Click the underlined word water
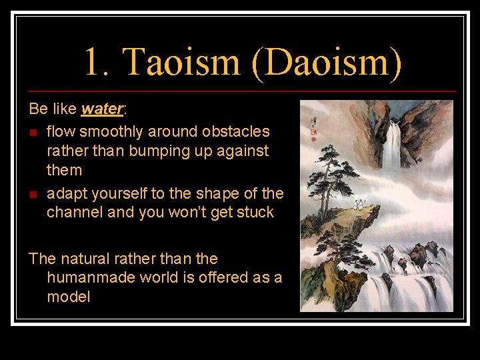pos(103,109)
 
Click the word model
pos(68,297)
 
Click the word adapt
pos(65,193)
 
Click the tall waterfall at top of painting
pos(392,143)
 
